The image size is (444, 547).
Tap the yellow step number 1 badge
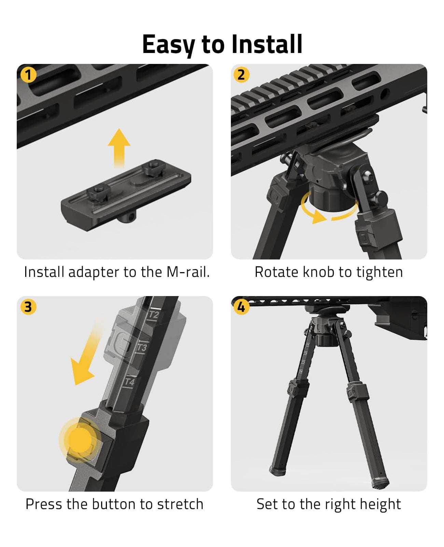click(28, 75)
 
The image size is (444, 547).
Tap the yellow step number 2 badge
click(241, 75)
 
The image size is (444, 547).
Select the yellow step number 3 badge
click(28, 307)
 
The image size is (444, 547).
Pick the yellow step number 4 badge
click(241, 307)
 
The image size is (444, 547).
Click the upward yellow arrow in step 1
click(119, 147)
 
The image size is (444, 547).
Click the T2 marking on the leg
click(154, 315)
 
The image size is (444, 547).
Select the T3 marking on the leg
click(142, 348)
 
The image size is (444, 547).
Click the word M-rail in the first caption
click(188, 272)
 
